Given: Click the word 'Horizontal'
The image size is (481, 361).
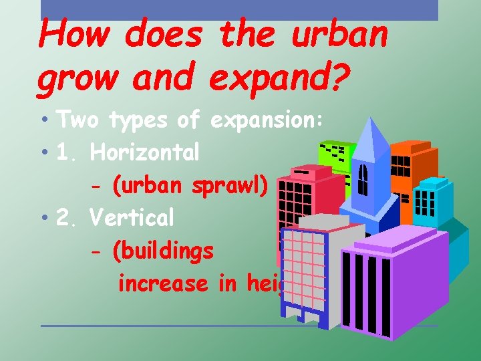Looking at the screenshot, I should click(x=145, y=153).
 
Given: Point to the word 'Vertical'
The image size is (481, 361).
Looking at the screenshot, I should click(x=132, y=217).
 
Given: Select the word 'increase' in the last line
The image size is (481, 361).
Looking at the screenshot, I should click(x=162, y=283).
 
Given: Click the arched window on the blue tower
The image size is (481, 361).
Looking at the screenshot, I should click(x=363, y=178).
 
